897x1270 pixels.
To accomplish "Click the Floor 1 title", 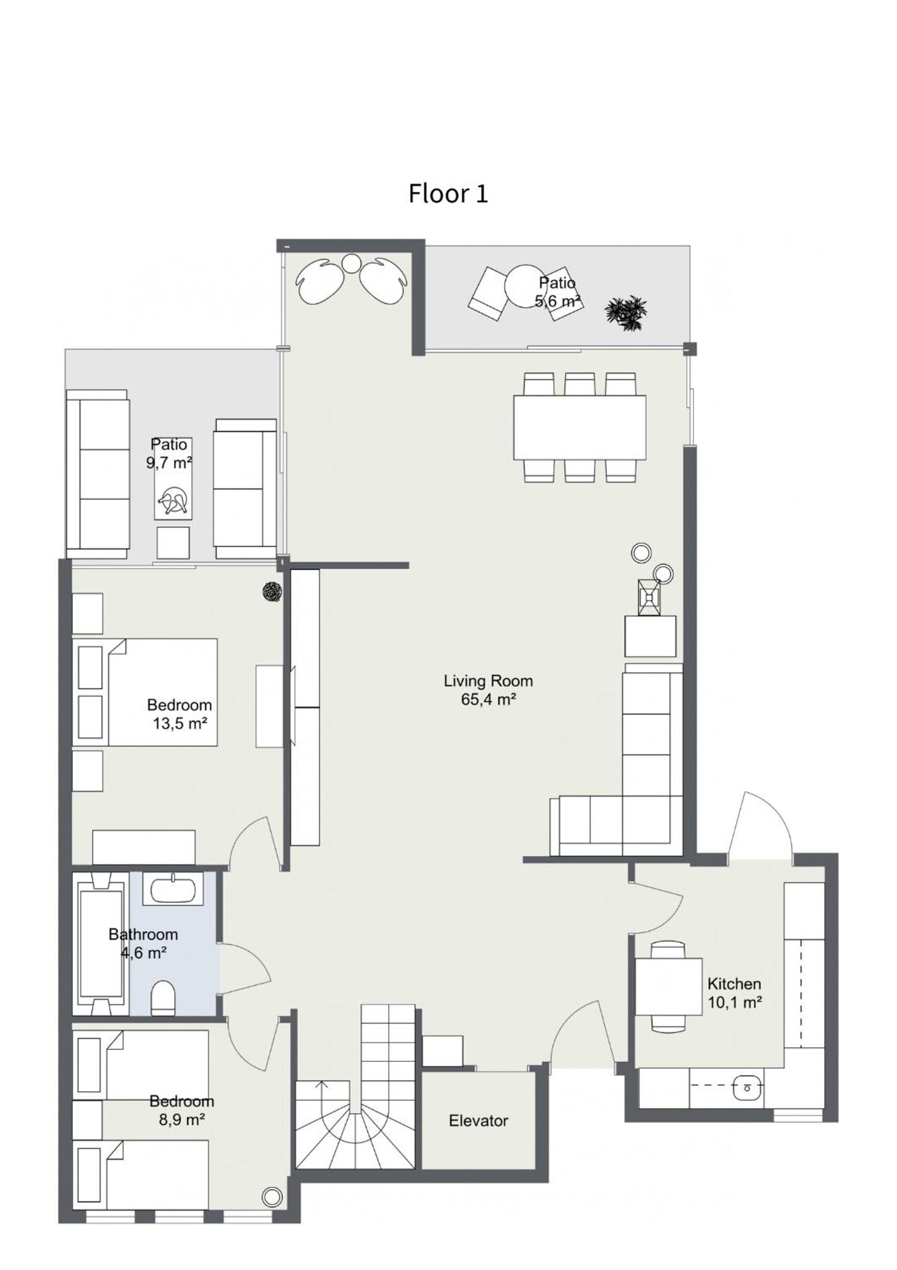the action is pos(448,193).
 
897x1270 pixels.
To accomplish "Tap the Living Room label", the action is pos(488,681).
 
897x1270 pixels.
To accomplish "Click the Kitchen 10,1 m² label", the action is pos(735,993).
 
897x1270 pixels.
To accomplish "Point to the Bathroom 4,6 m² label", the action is pos(143,944).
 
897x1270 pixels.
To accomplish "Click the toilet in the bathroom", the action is pos(163,998).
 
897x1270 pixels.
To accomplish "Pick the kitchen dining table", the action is pos(669,986).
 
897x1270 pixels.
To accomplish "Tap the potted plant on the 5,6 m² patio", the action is pos(626,313).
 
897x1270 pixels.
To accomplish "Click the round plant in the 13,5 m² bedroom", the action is pos(272,592).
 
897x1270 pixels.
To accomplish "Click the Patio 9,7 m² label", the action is pos(169,454).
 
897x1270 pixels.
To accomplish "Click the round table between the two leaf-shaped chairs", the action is pos(351,263).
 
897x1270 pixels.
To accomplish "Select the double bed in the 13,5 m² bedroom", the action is pos(145,692).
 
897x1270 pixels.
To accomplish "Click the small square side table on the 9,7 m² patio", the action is pos(173,543).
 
